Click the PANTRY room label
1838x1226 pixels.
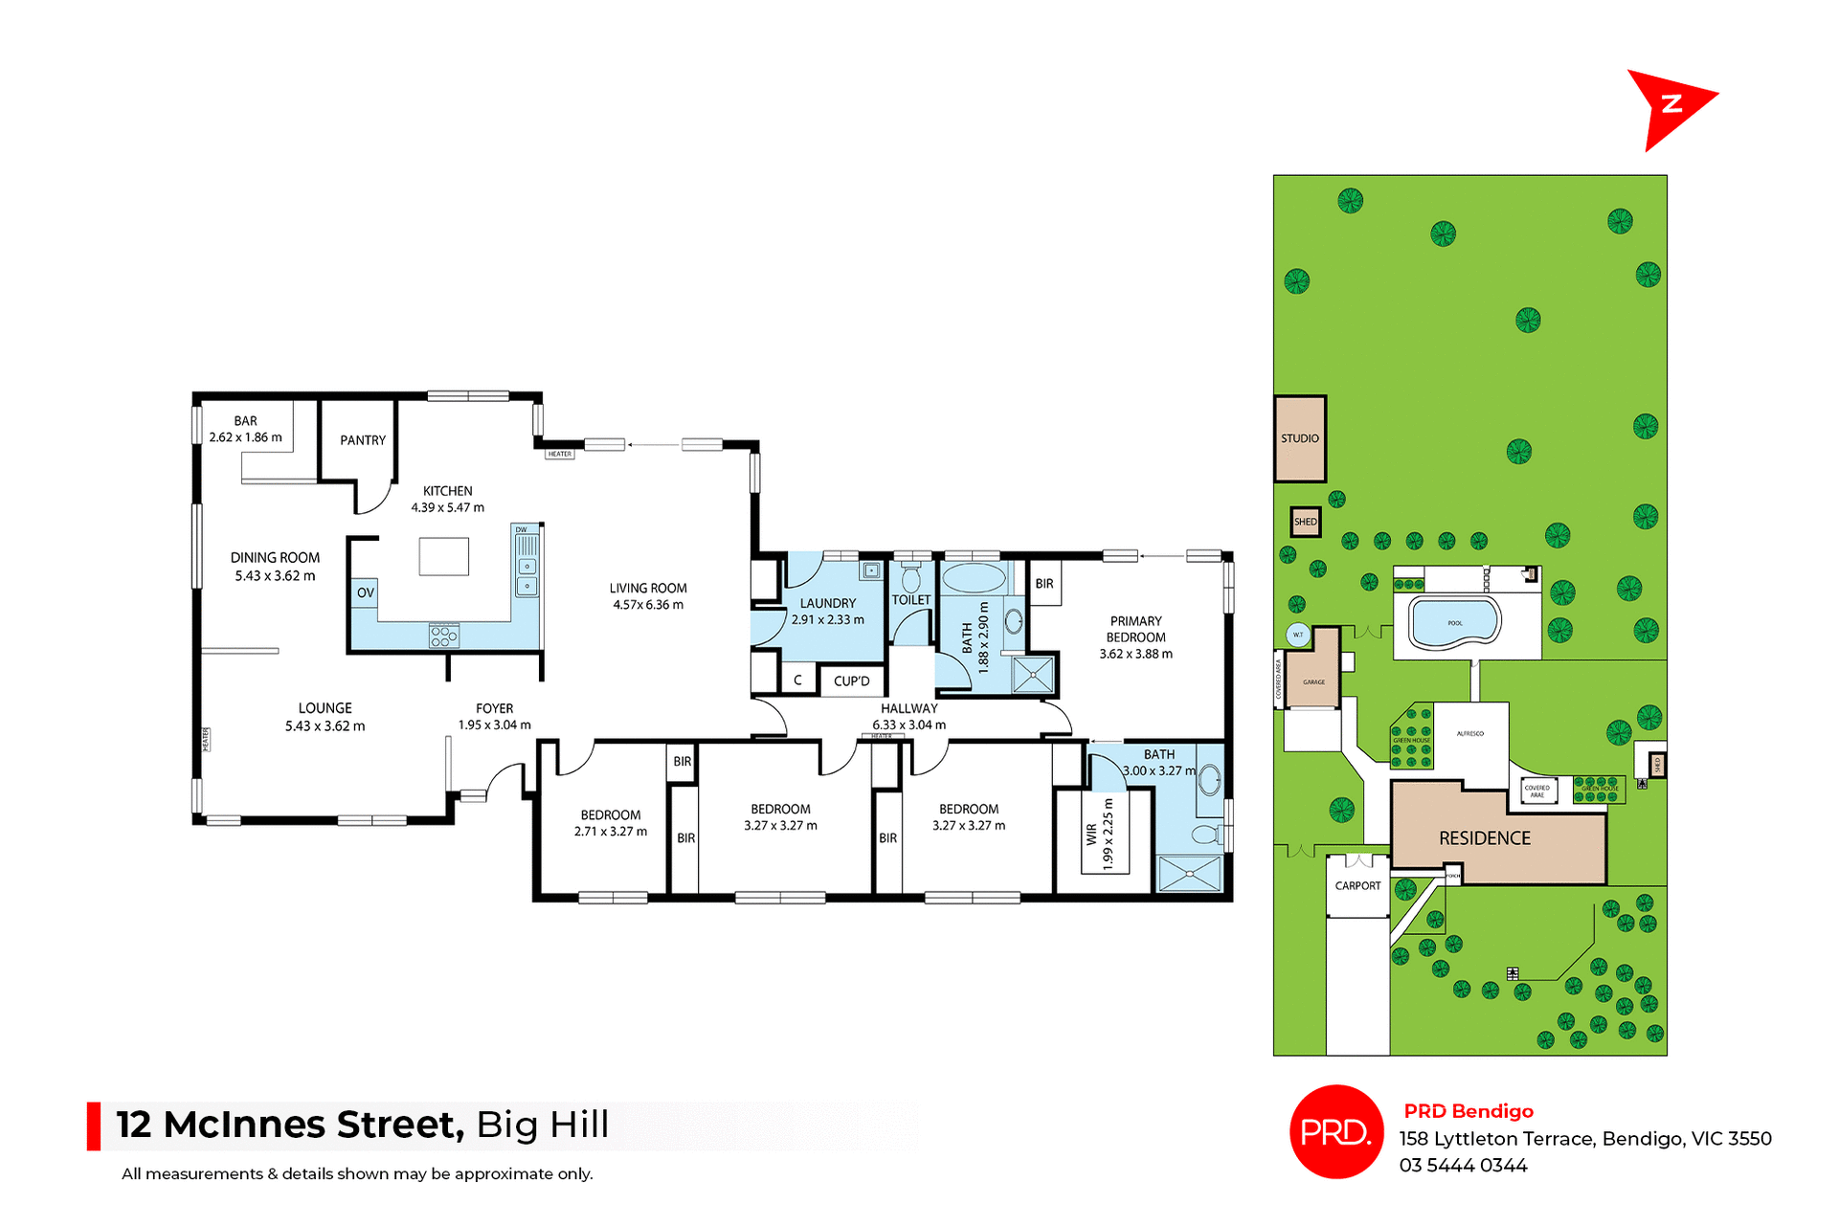click(363, 440)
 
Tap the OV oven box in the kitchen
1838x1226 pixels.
click(366, 592)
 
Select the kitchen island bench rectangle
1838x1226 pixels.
click(444, 556)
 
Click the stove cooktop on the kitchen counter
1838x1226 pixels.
click(444, 635)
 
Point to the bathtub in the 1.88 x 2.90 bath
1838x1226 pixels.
click(974, 578)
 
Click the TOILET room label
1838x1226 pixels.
click(910, 600)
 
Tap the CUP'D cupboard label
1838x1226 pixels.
click(851, 681)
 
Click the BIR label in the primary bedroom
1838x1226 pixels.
click(1044, 583)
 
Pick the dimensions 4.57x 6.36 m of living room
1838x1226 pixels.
click(648, 605)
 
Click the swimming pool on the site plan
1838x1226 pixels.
click(1454, 621)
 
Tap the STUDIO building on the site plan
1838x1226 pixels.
click(1300, 438)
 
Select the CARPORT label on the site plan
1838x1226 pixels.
click(1357, 885)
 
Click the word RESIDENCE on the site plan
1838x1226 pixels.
click(1485, 838)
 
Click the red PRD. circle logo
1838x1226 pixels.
click(1336, 1132)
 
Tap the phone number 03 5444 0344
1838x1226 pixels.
click(1463, 1166)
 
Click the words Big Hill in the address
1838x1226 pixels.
click(543, 1125)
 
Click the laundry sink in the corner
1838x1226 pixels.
click(871, 571)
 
